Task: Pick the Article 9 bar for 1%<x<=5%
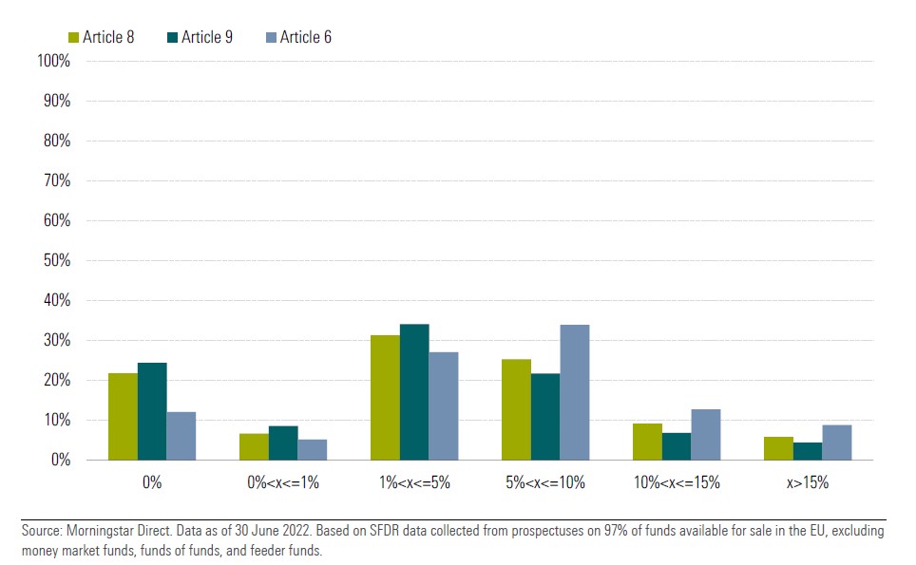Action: tap(414, 392)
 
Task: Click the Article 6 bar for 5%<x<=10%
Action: tap(575, 392)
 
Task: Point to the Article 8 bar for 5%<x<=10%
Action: tap(516, 409)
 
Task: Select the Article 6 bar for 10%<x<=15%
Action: tap(706, 434)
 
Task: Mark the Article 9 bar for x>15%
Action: tap(808, 451)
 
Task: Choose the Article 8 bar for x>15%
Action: tap(778, 448)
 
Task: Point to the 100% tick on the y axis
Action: tap(53, 61)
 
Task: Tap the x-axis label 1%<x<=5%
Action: tap(414, 482)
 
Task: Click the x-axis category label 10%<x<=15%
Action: tap(677, 482)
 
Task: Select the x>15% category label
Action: tap(808, 482)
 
